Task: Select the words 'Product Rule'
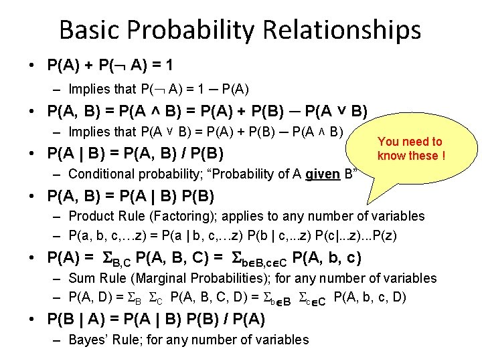coord(103,216)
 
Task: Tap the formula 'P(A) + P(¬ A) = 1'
coord(110,66)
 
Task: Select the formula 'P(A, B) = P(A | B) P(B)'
coord(131,197)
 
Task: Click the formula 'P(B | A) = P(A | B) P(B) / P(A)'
coord(156,320)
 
